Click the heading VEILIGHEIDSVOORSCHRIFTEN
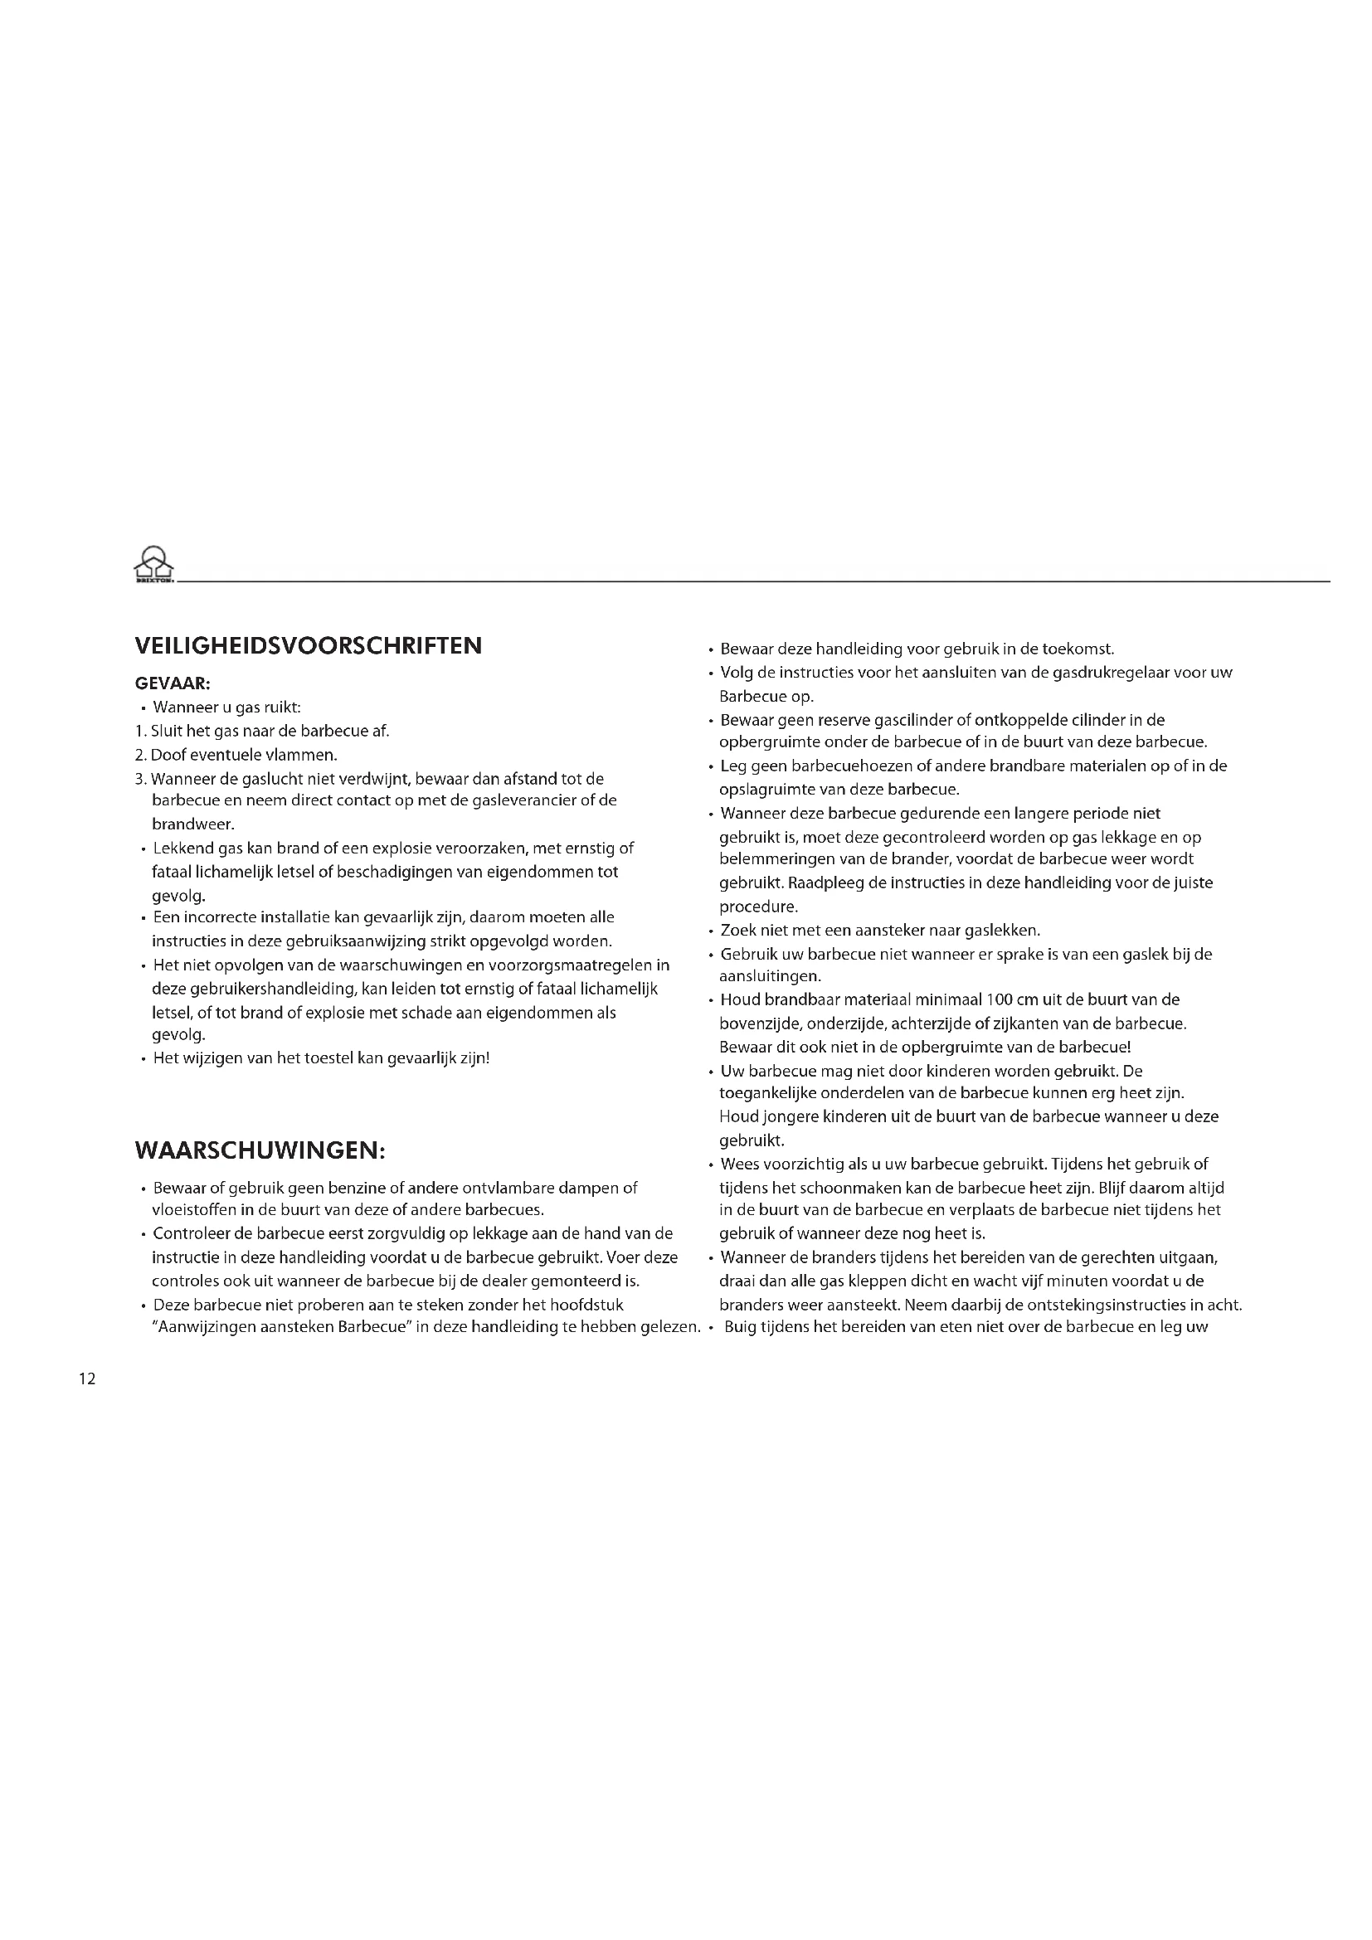309,646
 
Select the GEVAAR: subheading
173,683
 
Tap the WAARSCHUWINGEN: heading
260,1151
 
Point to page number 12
87,1379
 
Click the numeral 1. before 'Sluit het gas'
140,732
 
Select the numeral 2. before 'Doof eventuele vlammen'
141,756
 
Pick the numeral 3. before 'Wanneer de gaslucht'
141,779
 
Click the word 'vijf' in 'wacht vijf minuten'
1029,1281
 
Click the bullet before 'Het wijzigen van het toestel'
144,1059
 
